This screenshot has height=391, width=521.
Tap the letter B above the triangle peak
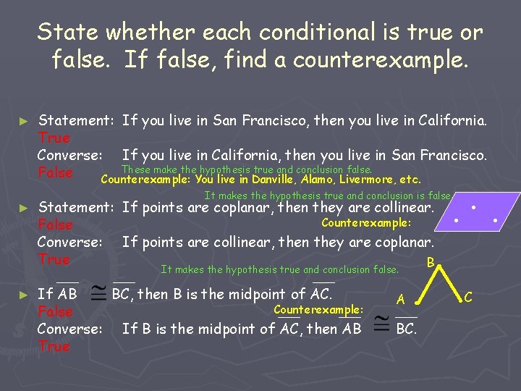coord(431,261)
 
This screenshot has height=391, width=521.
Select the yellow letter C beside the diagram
coord(468,296)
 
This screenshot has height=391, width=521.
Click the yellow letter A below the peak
coord(400,299)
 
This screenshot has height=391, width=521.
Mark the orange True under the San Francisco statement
coord(54,138)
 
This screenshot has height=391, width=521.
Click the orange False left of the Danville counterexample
coord(56,172)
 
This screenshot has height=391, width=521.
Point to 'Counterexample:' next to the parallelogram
coord(366,223)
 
